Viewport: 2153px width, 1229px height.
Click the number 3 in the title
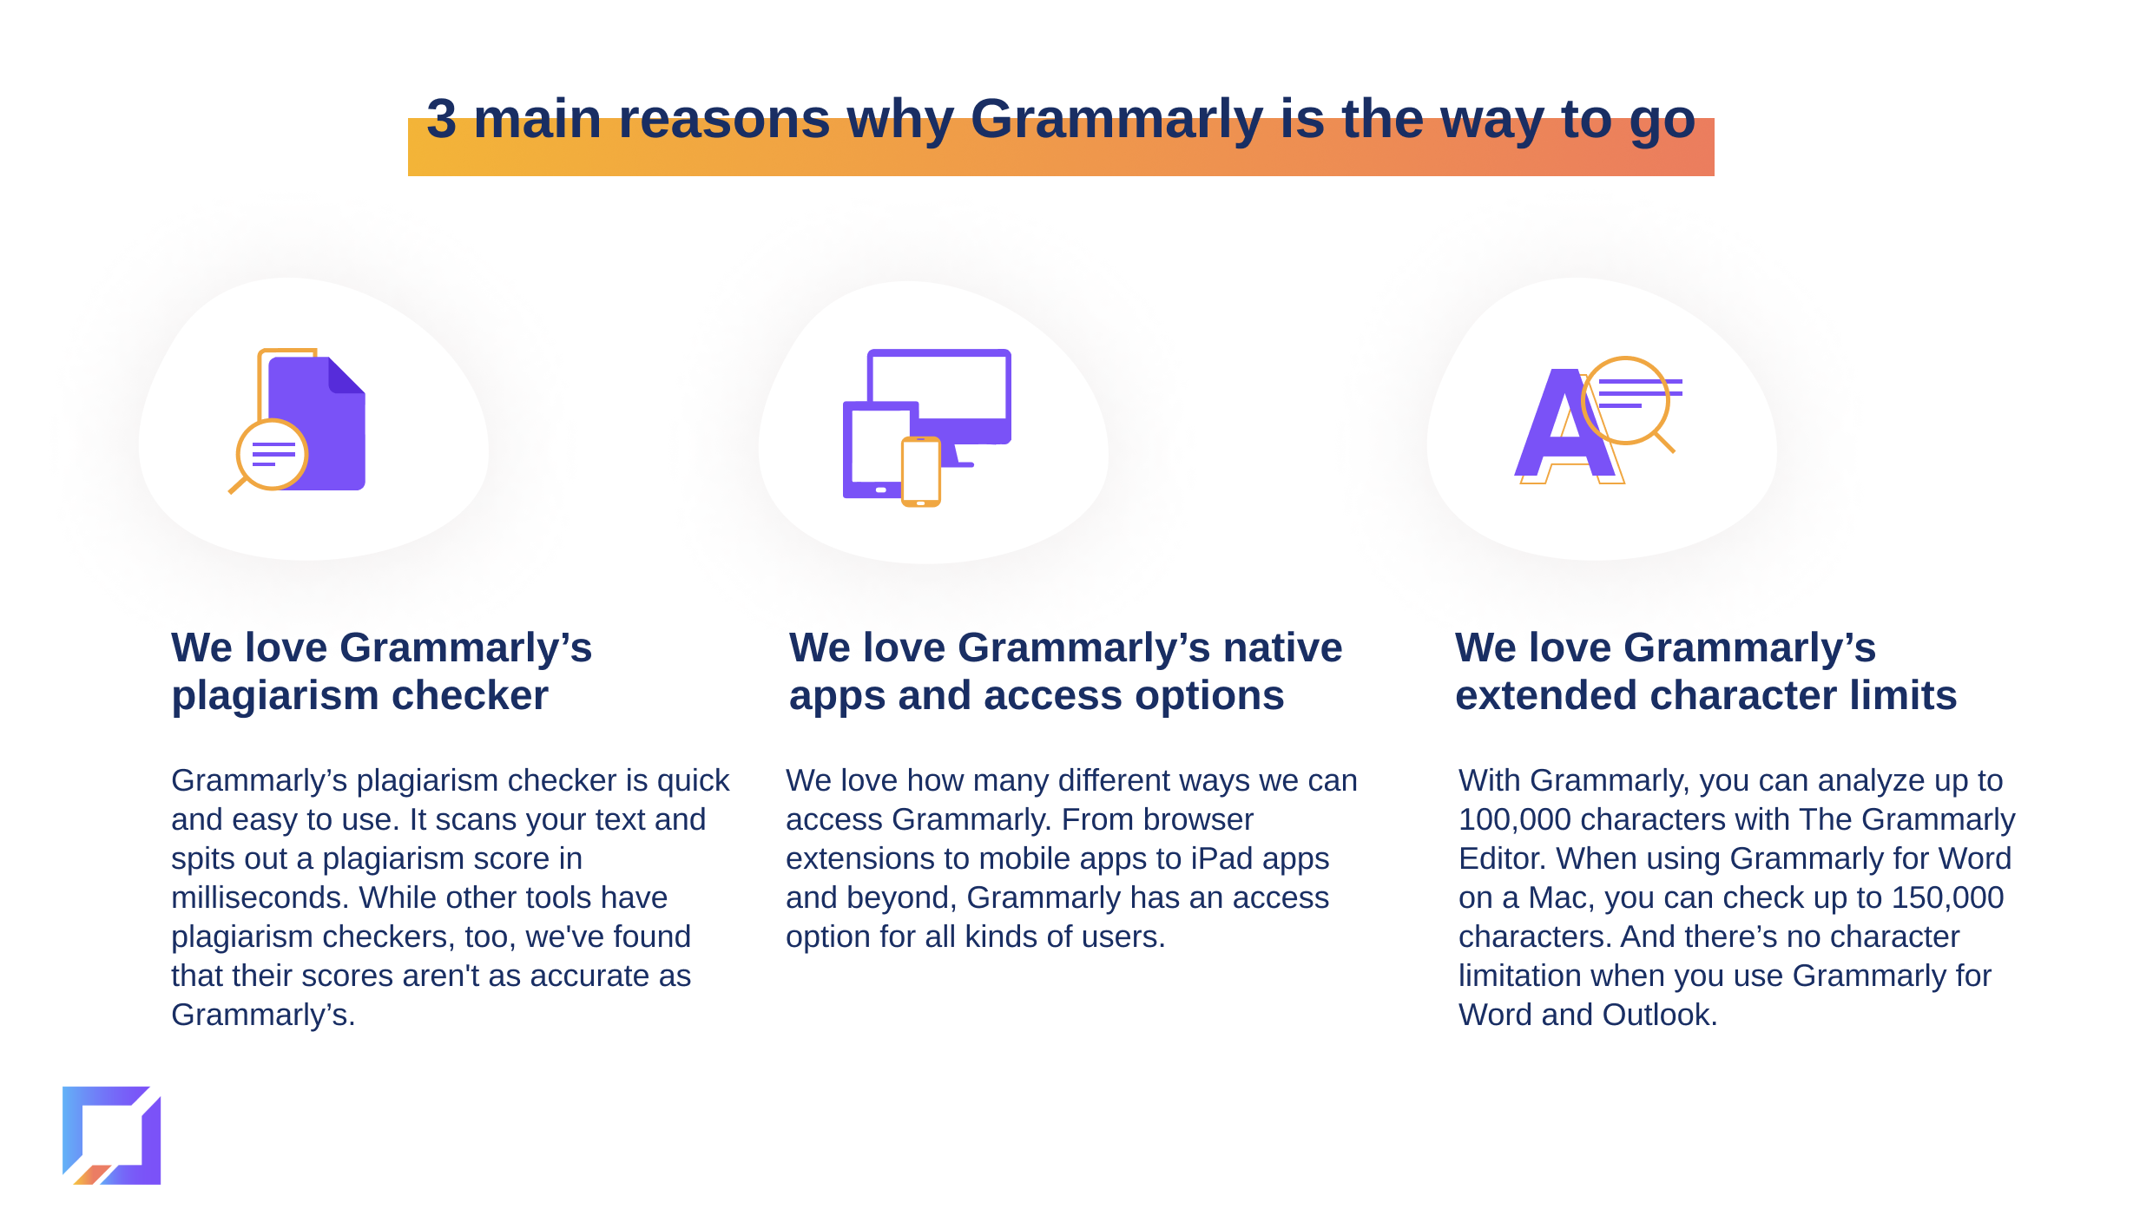point(441,118)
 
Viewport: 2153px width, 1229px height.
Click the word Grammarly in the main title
point(1116,120)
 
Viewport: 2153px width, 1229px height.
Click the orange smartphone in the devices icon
point(921,471)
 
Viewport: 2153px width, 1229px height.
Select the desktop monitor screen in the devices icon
point(939,387)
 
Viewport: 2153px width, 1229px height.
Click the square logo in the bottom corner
point(112,1135)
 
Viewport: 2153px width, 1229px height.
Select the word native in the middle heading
point(1283,647)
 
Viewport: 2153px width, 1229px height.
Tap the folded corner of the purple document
point(346,376)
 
